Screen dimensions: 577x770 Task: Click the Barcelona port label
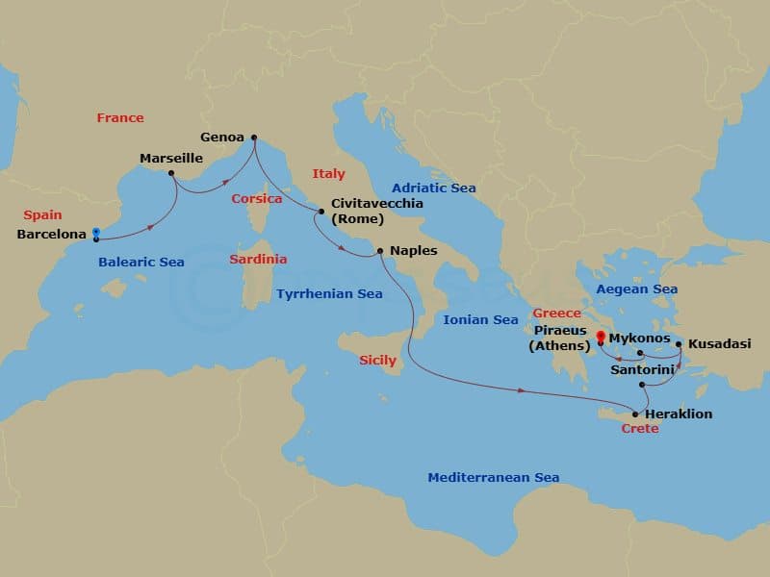point(52,234)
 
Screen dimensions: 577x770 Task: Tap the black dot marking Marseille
point(171,174)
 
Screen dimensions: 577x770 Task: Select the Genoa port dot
point(254,137)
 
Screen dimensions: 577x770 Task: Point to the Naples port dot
point(381,252)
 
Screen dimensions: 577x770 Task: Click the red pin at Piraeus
point(600,337)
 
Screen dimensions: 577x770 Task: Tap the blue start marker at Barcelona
point(95,234)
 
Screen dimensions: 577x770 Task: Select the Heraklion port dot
point(635,414)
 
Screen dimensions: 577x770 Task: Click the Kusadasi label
point(721,343)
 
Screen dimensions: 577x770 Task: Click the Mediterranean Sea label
point(493,478)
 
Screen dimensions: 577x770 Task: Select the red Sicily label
point(377,361)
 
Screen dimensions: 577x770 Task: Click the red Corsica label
point(256,199)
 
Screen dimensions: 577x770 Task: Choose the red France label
point(120,118)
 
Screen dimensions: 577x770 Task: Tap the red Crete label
point(640,429)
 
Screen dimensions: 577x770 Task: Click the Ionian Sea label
point(479,319)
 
